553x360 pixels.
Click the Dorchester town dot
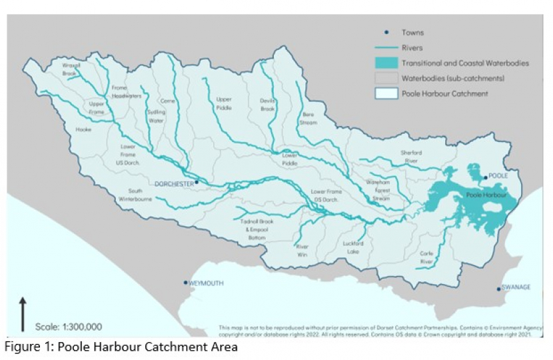[197, 181]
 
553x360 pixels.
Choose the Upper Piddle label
[224, 103]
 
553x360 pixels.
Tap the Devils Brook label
[268, 104]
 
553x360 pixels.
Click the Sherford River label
[411, 156]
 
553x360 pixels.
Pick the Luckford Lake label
[352, 247]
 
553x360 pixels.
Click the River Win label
[303, 250]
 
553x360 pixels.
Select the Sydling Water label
[156, 117]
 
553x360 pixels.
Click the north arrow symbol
[23, 313]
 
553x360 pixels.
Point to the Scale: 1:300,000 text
[69, 327]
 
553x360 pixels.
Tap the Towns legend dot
[386, 32]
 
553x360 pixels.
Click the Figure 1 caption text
[121, 347]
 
